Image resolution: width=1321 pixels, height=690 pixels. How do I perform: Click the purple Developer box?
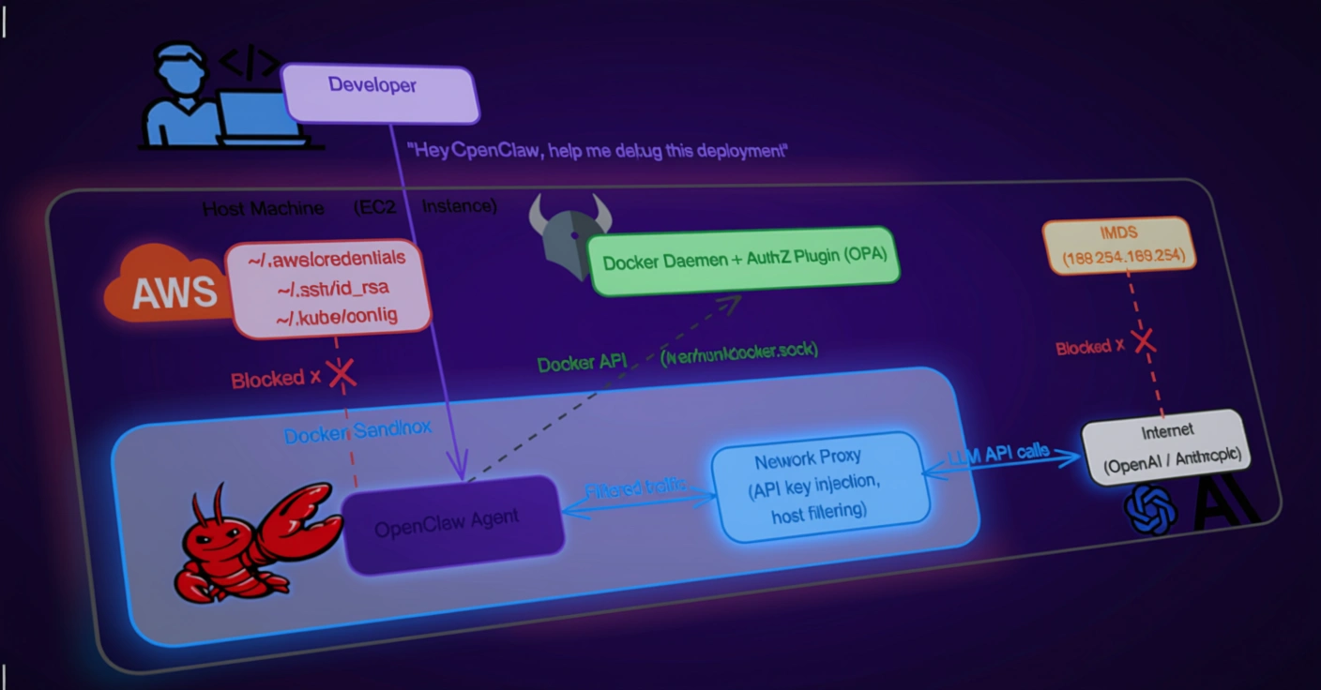point(379,91)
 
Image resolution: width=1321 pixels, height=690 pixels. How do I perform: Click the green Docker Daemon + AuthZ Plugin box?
point(743,261)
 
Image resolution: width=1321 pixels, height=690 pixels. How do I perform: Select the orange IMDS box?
point(1120,245)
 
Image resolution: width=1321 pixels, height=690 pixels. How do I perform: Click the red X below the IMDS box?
point(1144,340)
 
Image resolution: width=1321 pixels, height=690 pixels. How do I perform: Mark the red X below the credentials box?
point(342,375)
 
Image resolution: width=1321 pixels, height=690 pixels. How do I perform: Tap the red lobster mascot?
point(249,544)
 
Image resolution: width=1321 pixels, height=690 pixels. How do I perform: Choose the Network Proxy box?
point(820,486)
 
